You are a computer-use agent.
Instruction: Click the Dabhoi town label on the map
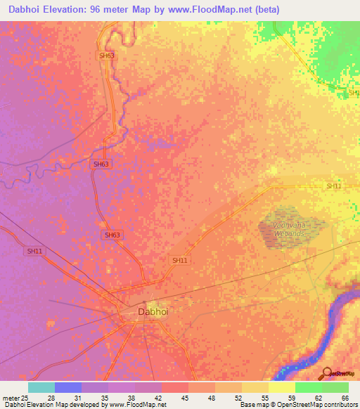click(153, 311)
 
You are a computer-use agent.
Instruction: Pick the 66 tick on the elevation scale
click(345, 398)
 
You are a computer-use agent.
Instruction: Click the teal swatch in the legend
click(41, 387)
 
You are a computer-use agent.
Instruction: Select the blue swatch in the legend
click(68, 387)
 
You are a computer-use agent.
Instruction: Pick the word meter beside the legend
click(10, 398)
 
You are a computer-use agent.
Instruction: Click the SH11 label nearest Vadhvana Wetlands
click(333, 186)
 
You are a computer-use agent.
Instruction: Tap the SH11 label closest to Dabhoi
click(180, 260)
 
